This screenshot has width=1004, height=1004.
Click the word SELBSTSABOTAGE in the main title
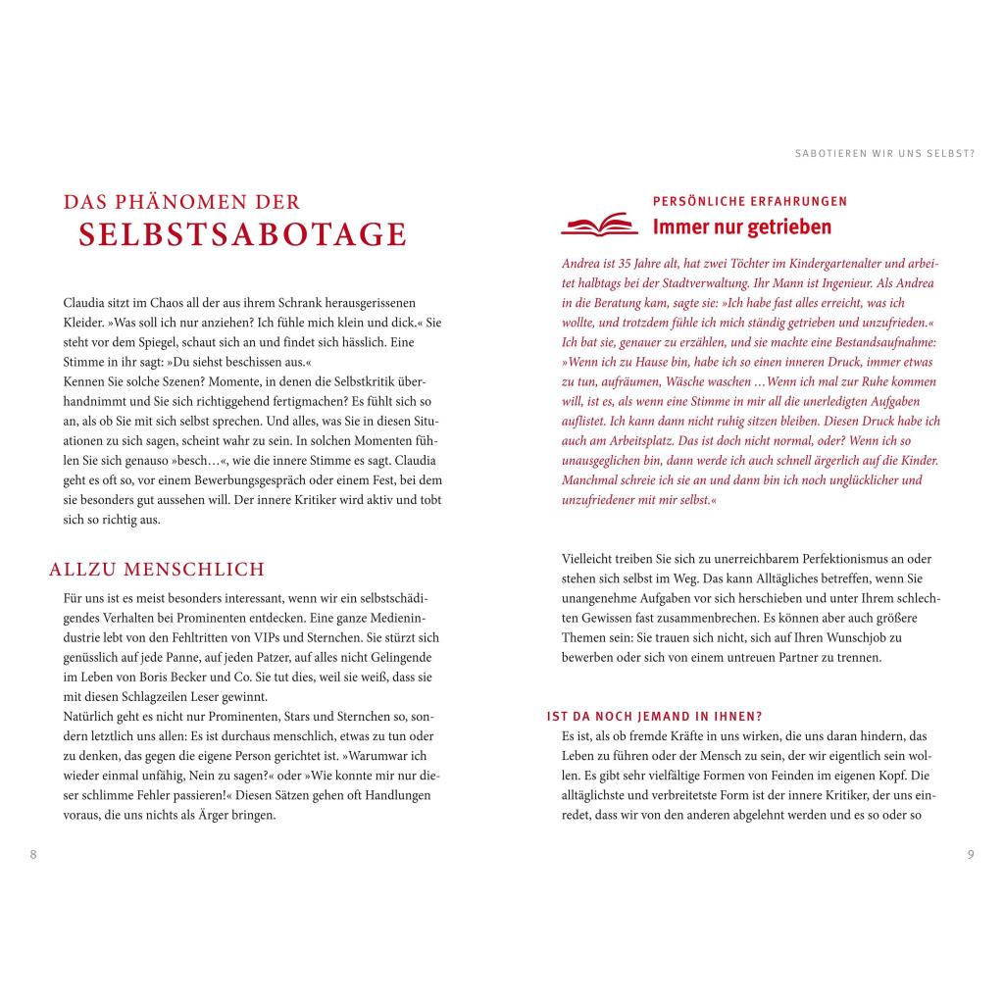(x=243, y=235)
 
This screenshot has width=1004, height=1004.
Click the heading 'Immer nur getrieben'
(x=741, y=227)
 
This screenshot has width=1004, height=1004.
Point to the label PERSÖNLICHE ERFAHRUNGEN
(x=750, y=201)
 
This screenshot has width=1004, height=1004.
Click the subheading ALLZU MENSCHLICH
(x=157, y=570)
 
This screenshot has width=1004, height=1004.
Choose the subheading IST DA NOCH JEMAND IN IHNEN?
(x=654, y=716)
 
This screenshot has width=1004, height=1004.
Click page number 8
(x=33, y=854)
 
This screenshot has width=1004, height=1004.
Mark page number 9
(x=971, y=854)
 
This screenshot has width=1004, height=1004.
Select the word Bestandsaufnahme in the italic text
(x=881, y=342)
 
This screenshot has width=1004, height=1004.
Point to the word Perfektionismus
(x=787, y=558)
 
